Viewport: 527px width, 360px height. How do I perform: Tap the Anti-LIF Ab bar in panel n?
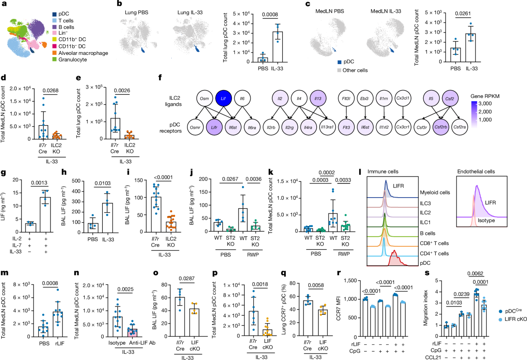tap(125, 331)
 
